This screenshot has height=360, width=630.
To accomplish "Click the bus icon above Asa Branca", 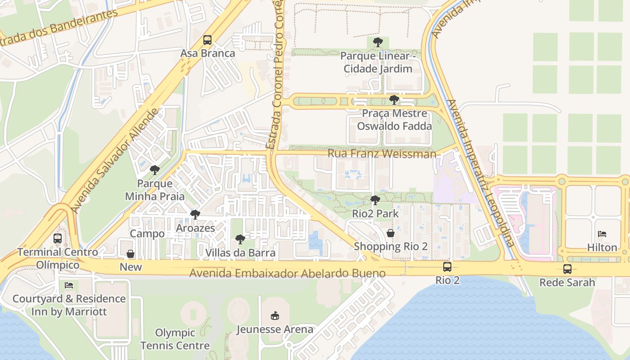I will click(207, 40).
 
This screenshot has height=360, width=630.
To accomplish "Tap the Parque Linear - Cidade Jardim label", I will click(378, 63).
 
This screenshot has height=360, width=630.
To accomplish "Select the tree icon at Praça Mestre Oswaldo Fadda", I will click(394, 99).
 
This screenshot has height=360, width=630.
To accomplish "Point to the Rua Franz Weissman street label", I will click(382, 153).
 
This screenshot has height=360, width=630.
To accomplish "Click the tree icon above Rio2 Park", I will click(375, 200).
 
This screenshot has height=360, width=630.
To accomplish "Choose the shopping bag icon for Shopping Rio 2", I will click(391, 233).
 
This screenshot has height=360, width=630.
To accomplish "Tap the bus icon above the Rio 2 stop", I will click(447, 267).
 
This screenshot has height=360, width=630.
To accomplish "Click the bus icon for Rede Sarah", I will click(567, 269).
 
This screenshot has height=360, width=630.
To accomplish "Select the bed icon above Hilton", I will click(602, 234).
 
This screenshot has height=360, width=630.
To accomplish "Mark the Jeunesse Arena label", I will click(275, 329).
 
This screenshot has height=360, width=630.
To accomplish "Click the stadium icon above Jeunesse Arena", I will click(274, 316).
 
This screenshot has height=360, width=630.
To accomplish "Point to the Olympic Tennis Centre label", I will click(175, 339).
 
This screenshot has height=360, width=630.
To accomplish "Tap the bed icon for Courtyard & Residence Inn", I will click(68, 285).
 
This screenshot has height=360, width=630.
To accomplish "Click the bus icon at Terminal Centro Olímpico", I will click(58, 238).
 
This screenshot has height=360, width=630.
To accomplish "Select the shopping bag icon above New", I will click(130, 254).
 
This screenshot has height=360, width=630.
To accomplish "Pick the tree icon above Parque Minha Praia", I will click(154, 170).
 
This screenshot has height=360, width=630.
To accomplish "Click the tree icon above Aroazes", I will click(195, 215).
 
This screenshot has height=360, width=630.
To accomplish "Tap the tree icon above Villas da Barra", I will click(240, 239).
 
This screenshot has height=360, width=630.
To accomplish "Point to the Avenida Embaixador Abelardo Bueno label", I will click(287, 273).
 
